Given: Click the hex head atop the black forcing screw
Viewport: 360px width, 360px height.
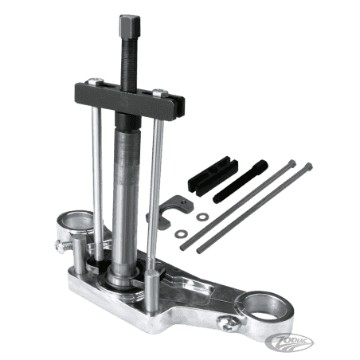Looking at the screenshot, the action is point(129,24).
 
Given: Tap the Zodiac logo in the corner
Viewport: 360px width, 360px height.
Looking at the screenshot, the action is point(289,341).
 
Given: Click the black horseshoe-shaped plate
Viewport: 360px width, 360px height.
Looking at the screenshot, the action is point(170,211).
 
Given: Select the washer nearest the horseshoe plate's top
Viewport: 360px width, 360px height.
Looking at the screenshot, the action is point(202,217).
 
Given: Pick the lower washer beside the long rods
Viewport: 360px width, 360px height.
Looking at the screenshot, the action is point(181,234).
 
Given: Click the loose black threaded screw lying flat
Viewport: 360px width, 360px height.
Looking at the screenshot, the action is point(241,181).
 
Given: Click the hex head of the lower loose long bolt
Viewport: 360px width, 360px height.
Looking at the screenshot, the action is point(308,166).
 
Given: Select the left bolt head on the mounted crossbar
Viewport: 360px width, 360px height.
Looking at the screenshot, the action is point(96,80).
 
